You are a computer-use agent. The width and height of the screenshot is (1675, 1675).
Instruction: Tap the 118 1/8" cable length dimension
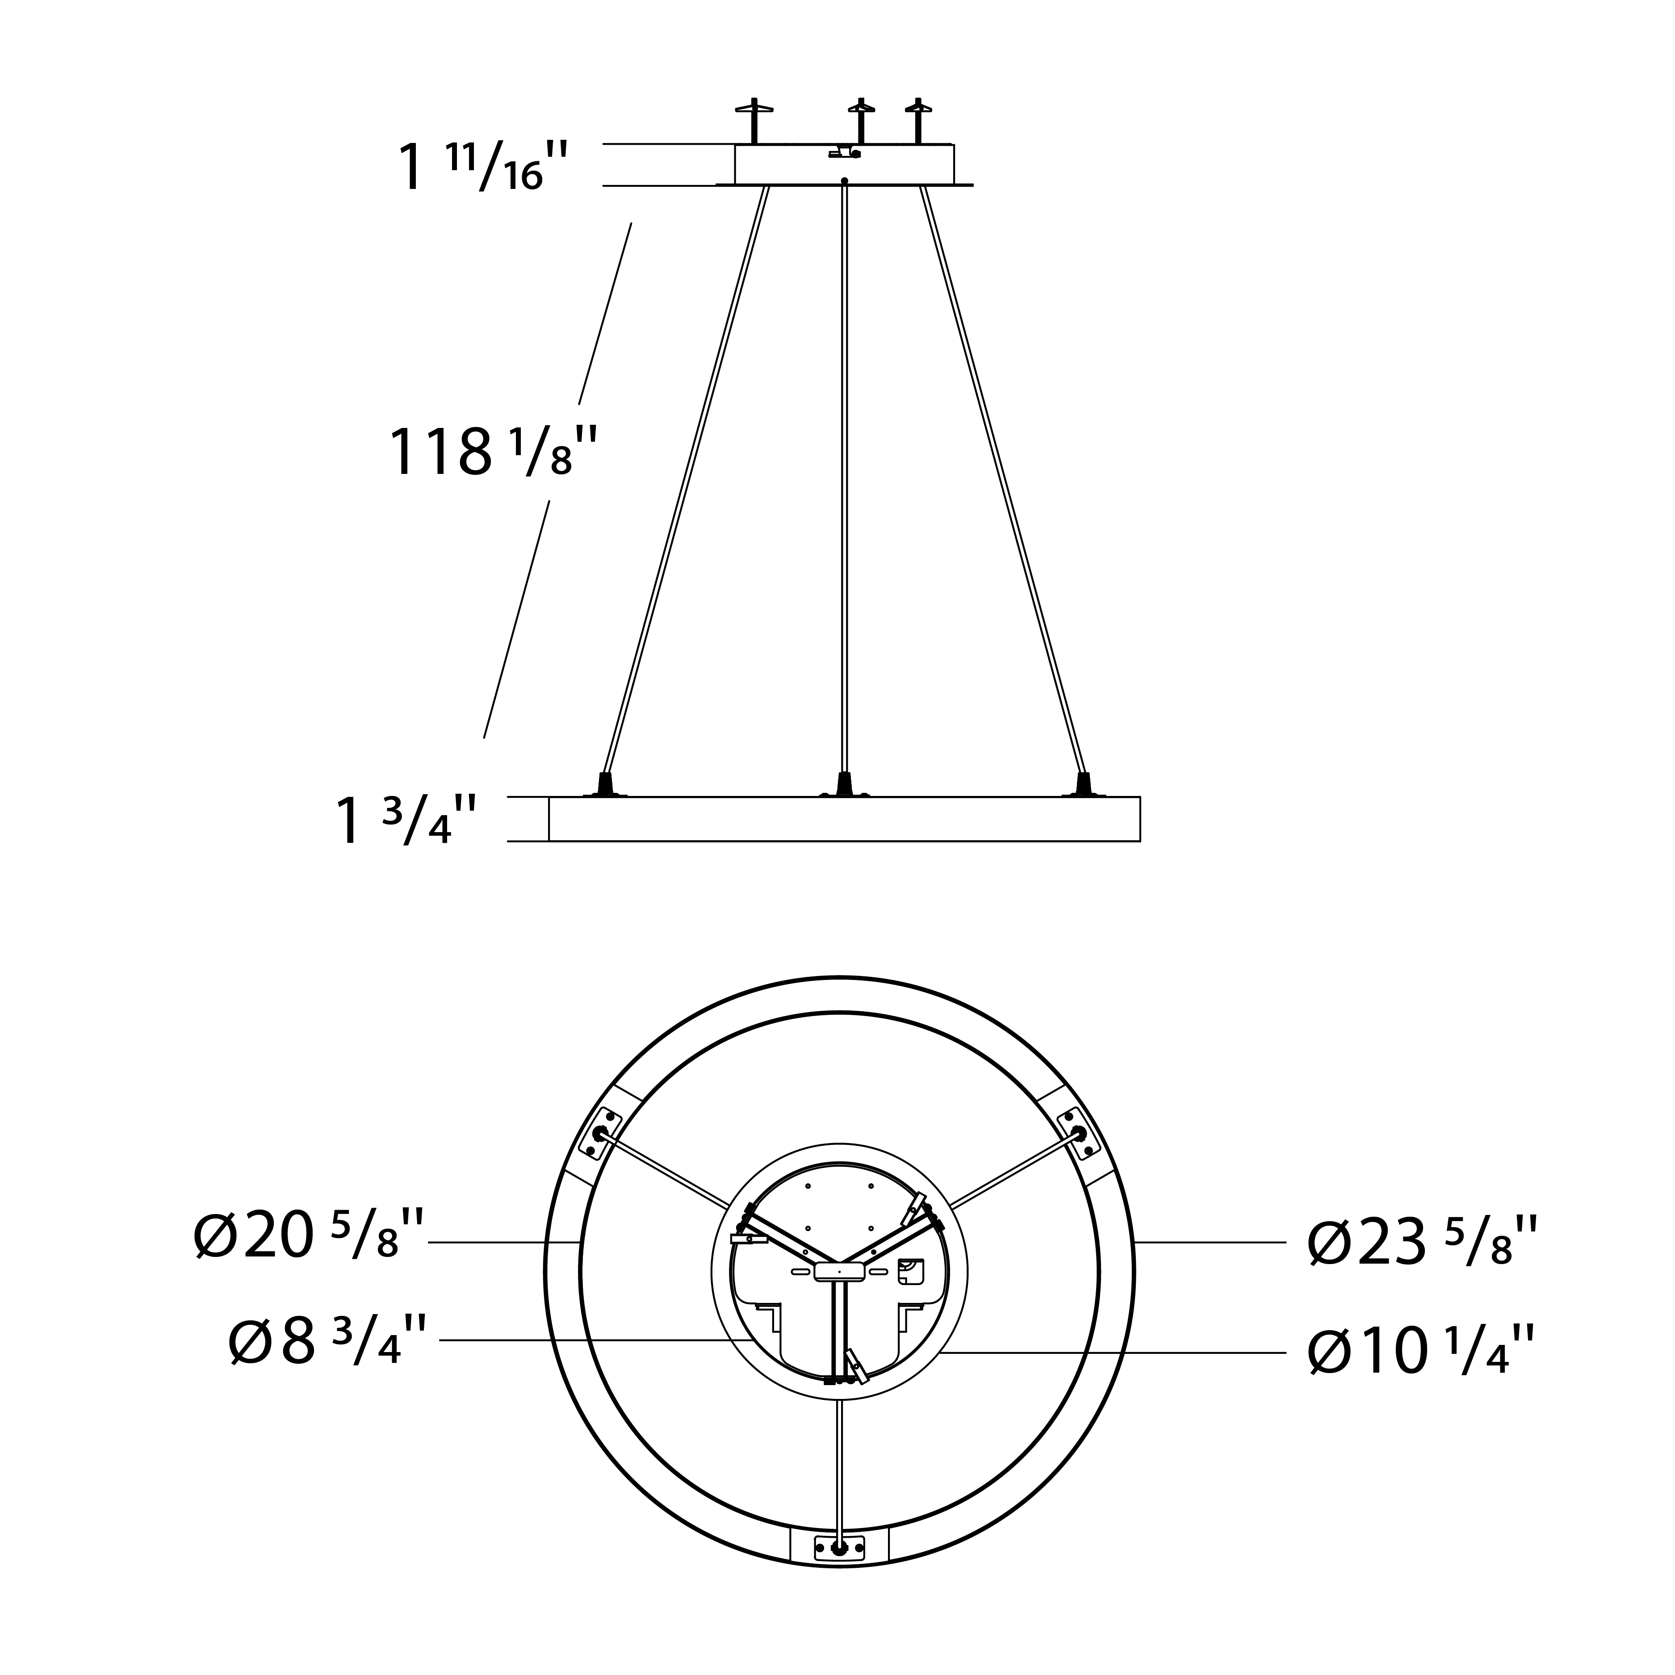pyautogui.click(x=492, y=451)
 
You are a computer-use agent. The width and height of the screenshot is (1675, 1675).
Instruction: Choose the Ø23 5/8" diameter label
pyautogui.click(x=1423, y=1242)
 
